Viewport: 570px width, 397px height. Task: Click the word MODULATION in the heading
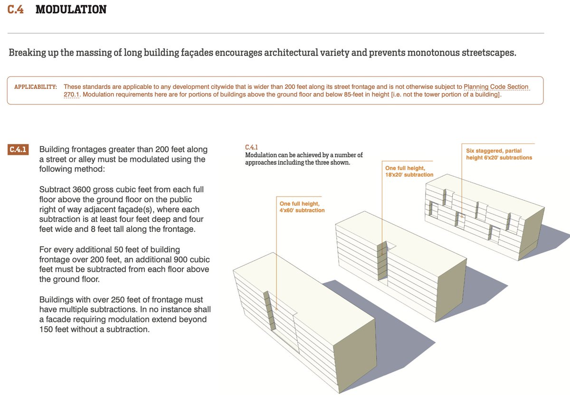71,9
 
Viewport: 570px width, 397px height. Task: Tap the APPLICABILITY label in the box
36,87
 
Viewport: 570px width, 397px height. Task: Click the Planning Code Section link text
496,87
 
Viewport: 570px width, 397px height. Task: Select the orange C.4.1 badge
19,150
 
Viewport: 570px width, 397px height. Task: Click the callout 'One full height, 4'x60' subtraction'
302,207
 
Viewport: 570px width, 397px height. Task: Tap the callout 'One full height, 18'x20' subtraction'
409,171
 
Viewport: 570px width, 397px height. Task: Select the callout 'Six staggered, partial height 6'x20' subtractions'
499,154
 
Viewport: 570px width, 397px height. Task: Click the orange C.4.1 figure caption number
251,147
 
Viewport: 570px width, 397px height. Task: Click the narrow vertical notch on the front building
270,311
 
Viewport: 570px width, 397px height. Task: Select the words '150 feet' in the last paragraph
56,329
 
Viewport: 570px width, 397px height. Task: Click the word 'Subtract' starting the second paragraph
54,189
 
